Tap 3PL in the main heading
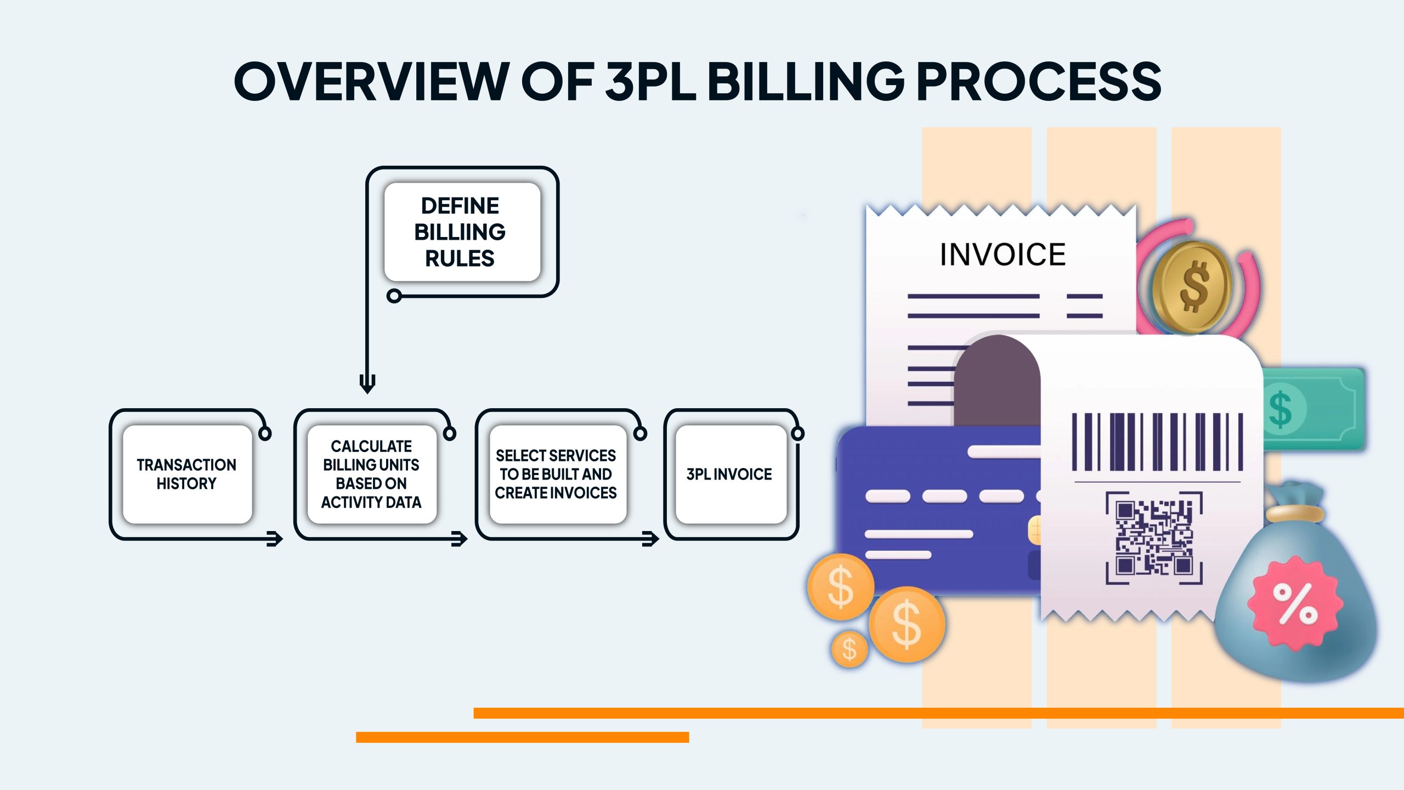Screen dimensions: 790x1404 (x=650, y=81)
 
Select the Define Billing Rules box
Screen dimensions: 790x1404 (x=462, y=232)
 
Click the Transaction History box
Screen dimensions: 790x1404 (x=187, y=474)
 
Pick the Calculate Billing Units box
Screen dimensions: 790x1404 (x=371, y=474)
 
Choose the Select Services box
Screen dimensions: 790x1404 (x=556, y=474)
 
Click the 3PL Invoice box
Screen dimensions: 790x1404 (x=730, y=474)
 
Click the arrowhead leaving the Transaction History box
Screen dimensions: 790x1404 (x=275, y=539)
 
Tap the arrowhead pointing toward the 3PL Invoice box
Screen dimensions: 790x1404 (x=650, y=539)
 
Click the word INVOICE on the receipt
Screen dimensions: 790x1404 (x=1003, y=255)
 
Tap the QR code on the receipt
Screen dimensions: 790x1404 (x=1154, y=538)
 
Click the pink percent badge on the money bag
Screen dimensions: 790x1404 (x=1294, y=603)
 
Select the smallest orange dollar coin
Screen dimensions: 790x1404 (x=850, y=649)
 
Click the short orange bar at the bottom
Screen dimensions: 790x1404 (x=522, y=737)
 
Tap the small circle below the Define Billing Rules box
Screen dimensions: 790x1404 (x=394, y=296)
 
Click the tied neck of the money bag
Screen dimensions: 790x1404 (x=1294, y=512)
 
